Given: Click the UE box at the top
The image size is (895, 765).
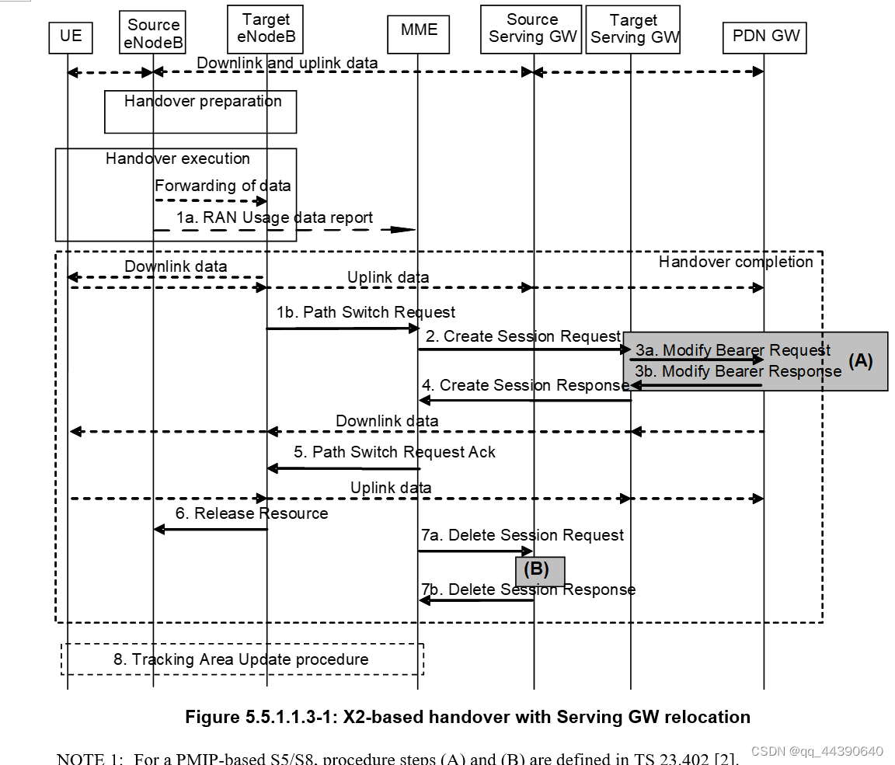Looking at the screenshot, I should click(70, 36).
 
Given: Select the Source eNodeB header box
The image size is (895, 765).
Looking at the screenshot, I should click(153, 34).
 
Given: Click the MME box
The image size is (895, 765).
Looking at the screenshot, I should click(419, 30).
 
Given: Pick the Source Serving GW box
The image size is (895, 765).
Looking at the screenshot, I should click(531, 28).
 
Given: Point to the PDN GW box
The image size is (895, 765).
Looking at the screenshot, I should click(764, 35).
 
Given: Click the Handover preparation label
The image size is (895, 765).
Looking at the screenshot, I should click(202, 102).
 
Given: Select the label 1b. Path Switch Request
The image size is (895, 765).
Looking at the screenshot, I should click(365, 312).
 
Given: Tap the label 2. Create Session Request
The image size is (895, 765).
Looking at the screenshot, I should click(523, 336).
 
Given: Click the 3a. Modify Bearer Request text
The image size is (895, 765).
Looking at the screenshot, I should click(733, 350).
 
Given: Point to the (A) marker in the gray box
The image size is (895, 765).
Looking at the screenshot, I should click(860, 361).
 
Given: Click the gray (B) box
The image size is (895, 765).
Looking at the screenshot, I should click(540, 570).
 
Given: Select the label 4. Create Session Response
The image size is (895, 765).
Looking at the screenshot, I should click(525, 385).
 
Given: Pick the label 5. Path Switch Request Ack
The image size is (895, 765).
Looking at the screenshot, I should click(394, 452).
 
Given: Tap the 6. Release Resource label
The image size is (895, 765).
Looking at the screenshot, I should click(251, 513).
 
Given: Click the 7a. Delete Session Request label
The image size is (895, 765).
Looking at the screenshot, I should click(522, 535).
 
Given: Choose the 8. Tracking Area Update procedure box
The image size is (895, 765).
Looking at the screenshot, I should click(242, 659).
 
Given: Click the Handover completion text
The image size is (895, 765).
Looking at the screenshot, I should click(735, 262).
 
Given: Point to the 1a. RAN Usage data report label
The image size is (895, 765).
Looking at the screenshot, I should click(274, 217).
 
